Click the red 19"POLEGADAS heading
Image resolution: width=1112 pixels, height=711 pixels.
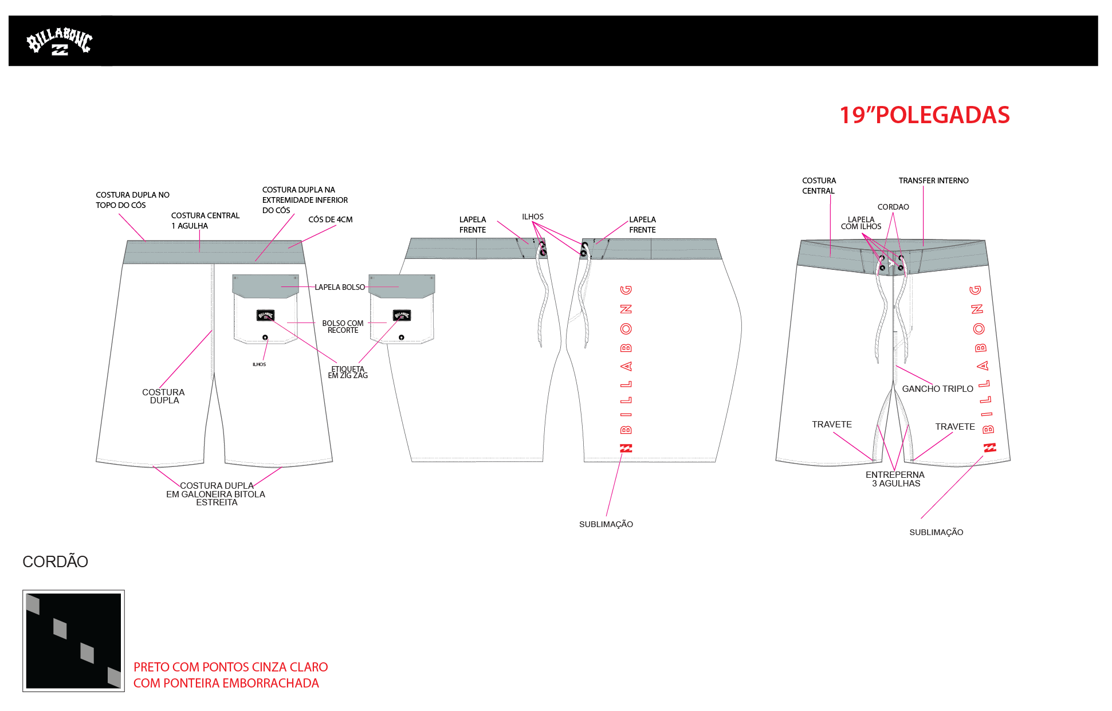click(x=924, y=115)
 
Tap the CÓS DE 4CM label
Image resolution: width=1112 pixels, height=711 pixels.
click(x=330, y=219)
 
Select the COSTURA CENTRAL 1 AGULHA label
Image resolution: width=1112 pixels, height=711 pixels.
click(x=205, y=221)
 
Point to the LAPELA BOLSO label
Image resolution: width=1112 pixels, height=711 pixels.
click(x=339, y=287)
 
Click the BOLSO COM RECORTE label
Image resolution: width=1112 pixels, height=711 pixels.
click(x=343, y=327)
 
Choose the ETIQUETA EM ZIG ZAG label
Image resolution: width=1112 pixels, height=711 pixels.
click(x=348, y=372)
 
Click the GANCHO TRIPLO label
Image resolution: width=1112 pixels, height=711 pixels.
click(x=937, y=389)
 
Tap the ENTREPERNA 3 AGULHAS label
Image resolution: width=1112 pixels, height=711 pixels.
click(x=895, y=479)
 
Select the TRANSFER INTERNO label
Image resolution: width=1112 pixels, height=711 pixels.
click(x=933, y=180)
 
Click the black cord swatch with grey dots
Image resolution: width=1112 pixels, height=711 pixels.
click(x=73, y=641)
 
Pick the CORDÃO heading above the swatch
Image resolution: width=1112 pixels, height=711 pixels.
click(x=55, y=561)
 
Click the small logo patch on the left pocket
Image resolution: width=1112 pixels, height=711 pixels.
click(x=265, y=315)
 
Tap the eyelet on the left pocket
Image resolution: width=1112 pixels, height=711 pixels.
click(x=265, y=337)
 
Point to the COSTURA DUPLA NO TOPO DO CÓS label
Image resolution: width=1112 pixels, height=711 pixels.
click(x=132, y=200)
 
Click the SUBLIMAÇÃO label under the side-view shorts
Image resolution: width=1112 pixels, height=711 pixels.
click(x=606, y=524)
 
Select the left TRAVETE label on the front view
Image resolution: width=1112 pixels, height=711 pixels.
click(x=831, y=425)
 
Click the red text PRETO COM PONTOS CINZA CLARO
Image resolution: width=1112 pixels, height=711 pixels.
click(x=230, y=667)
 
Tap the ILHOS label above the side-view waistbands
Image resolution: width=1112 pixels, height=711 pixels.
click(x=532, y=217)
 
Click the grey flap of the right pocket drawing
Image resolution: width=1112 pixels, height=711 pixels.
click(x=401, y=285)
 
